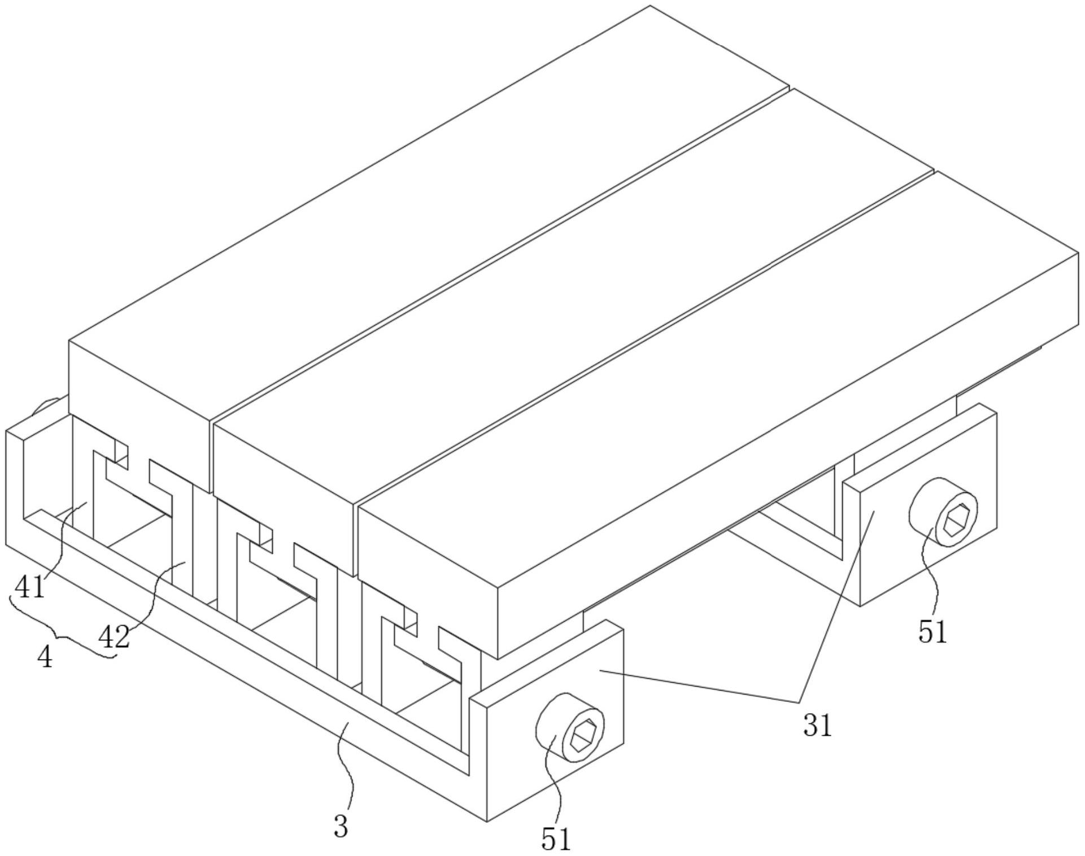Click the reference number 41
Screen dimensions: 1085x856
tap(29, 587)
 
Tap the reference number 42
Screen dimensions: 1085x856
tap(114, 637)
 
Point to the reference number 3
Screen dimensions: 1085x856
tap(341, 827)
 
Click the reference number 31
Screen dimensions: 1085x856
tap(817, 726)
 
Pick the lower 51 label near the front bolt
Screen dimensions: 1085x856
tap(556, 839)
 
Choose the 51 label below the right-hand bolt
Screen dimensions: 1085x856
tap(932, 632)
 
